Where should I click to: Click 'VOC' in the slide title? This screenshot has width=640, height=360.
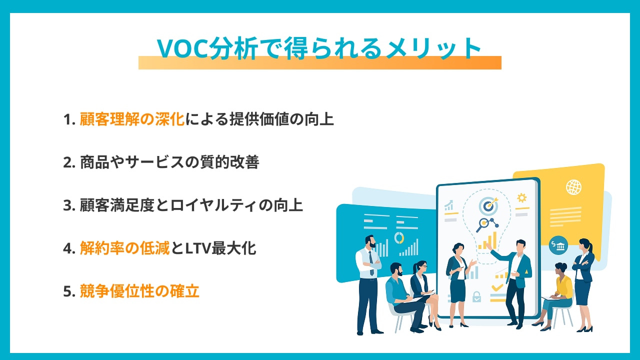183,48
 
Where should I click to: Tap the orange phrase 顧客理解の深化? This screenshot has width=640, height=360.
131,119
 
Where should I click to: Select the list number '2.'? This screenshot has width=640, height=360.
69,162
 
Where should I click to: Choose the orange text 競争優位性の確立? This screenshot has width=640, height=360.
139,291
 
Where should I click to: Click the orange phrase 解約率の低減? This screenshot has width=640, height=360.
124,248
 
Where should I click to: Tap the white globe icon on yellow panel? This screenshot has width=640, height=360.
573,187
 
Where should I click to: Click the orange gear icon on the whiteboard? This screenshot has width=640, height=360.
521,197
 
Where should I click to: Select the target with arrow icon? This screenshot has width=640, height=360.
488,205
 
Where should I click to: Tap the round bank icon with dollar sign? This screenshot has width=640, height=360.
558,245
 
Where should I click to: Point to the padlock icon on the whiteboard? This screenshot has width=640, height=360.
476,296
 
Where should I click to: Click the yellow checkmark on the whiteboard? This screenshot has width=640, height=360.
497,287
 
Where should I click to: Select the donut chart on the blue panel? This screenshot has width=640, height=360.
399,237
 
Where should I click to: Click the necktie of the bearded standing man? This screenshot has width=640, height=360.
371,263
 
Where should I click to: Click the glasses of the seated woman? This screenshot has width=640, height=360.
423,266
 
